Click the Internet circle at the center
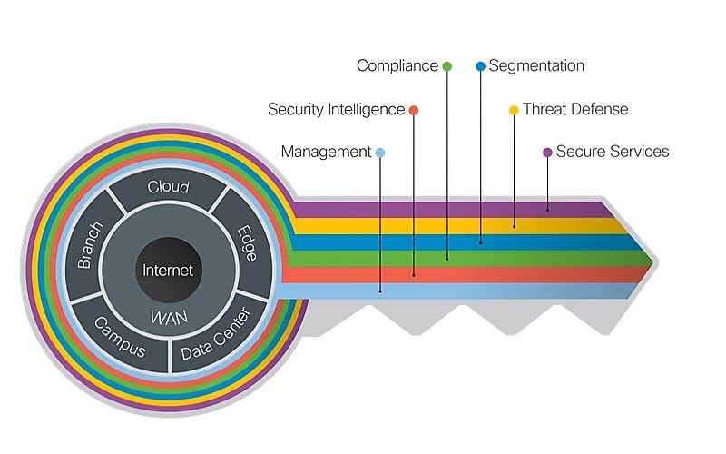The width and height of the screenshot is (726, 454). point(168,271)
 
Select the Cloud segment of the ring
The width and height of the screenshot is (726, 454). point(168,188)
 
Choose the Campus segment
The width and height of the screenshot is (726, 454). point(119,337)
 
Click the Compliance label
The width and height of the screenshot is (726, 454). point(397,65)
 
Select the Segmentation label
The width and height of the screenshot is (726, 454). point(535,65)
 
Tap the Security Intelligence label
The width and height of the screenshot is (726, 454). point(336,109)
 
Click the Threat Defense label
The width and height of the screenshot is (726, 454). point(575,109)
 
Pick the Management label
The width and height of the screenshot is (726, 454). point(326,152)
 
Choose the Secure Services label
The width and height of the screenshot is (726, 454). point(613,152)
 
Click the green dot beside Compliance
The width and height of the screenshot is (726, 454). point(446,66)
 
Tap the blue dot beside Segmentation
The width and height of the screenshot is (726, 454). point(480,66)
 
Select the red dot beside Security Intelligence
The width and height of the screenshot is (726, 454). point(414,110)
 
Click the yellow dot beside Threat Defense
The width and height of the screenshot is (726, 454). point(514,110)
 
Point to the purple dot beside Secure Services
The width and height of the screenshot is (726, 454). point(547,153)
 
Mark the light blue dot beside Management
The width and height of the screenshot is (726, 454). point(380,153)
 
